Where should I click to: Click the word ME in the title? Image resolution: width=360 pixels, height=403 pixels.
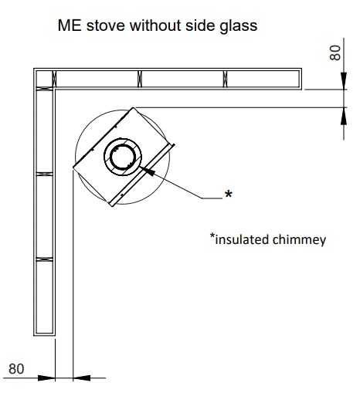(x=70, y=25)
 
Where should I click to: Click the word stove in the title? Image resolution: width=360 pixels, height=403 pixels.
(x=106, y=25)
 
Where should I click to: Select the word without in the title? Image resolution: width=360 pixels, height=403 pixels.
(x=155, y=25)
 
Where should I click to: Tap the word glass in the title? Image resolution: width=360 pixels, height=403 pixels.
(x=238, y=26)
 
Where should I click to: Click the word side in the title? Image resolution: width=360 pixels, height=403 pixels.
(x=200, y=25)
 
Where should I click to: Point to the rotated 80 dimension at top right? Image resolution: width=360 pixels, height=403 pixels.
(x=335, y=53)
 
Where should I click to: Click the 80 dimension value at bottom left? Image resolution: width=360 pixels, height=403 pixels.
(x=16, y=369)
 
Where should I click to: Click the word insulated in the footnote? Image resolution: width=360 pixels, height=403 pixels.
(x=242, y=239)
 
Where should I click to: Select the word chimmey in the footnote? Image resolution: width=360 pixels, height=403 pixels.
(x=299, y=240)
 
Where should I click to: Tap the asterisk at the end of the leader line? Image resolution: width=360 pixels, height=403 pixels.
(x=228, y=193)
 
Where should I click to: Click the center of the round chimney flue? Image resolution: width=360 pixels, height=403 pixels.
(x=123, y=157)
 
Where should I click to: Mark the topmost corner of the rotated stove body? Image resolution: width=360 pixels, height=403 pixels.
(x=133, y=107)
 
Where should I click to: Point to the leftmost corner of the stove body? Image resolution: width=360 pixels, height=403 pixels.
(x=73, y=168)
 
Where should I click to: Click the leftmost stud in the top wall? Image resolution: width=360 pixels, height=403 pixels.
(x=54, y=79)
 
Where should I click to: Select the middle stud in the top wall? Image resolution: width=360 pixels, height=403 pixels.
(x=140, y=79)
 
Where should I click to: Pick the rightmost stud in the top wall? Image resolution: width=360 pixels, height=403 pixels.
(x=225, y=79)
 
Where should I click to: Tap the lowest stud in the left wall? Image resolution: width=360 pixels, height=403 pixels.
(x=44, y=259)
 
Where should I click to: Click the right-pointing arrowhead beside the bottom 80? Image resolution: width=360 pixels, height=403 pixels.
(x=46, y=378)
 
